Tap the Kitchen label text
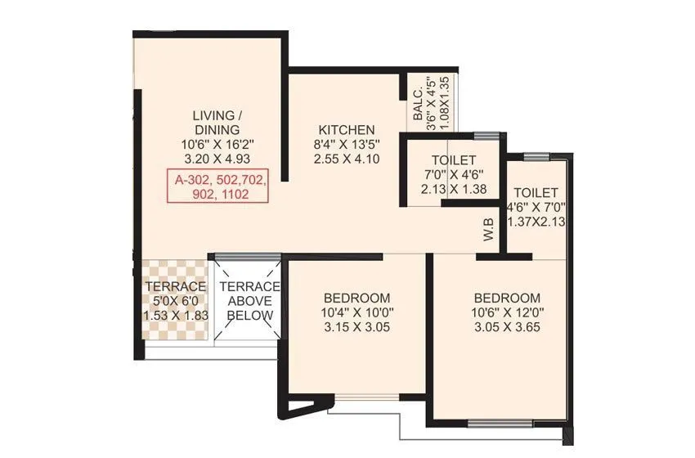(347, 130)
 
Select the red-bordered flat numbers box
(217, 186)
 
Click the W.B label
(489, 231)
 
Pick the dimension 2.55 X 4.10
(347, 159)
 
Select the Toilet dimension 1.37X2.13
(536, 221)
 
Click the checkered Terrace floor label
(175, 287)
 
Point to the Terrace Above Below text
(250, 301)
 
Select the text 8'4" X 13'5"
(347, 145)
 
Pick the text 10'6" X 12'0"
(506, 312)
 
